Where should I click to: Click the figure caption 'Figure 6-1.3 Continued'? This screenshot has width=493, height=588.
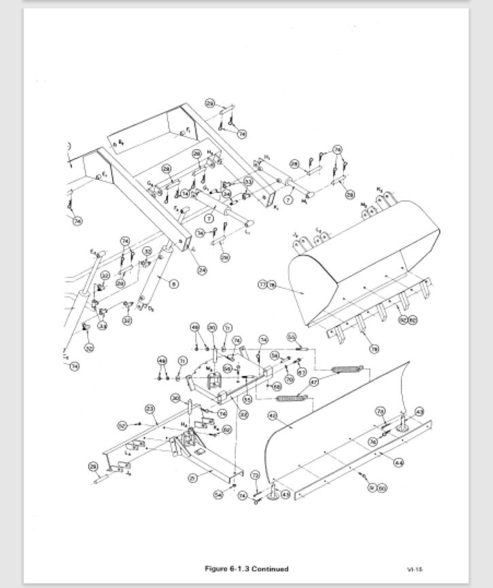(x=246, y=569)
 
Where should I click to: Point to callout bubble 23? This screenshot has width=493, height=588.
(x=150, y=408)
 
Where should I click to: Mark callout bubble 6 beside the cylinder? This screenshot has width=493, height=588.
(x=173, y=283)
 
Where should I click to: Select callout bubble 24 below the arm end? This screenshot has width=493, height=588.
(x=202, y=270)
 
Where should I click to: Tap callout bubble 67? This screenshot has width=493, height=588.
(x=302, y=371)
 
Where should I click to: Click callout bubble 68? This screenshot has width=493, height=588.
(x=277, y=386)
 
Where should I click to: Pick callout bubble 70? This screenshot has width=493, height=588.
(x=288, y=379)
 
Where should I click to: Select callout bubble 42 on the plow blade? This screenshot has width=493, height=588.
(x=273, y=415)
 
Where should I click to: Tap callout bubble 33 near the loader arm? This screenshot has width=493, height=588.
(x=248, y=182)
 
